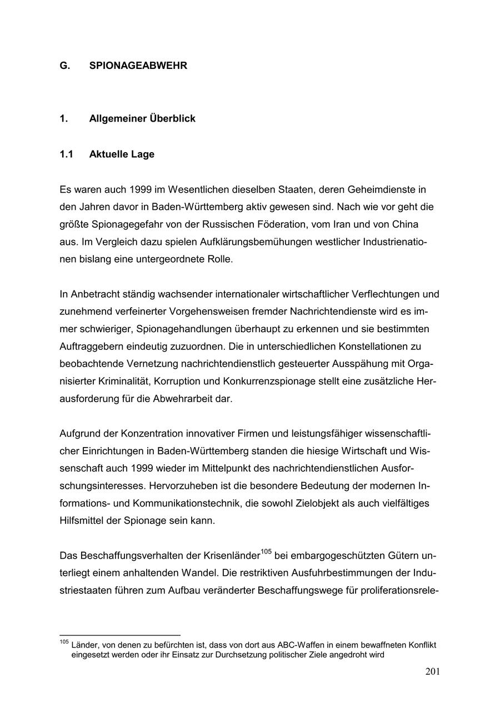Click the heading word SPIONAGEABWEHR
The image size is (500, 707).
pyautogui.click(x=138, y=66)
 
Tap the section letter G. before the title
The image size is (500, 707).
pyautogui.click(x=65, y=66)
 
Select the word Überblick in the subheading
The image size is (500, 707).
pyautogui.click(x=172, y=119)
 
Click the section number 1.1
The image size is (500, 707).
pyautogui.click(x=66, y=154)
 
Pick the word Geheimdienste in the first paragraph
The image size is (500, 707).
pyautogui.click(x=378, y=189)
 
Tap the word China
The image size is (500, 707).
pyautogui.click(x=405, y=224)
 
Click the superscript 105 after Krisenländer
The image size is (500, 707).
pyautogui.click(x=266, y=551)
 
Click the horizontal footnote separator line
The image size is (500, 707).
pyautogui.click(x=120, y=635)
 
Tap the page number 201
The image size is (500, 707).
pyautogui.click(x=433, y=672)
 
